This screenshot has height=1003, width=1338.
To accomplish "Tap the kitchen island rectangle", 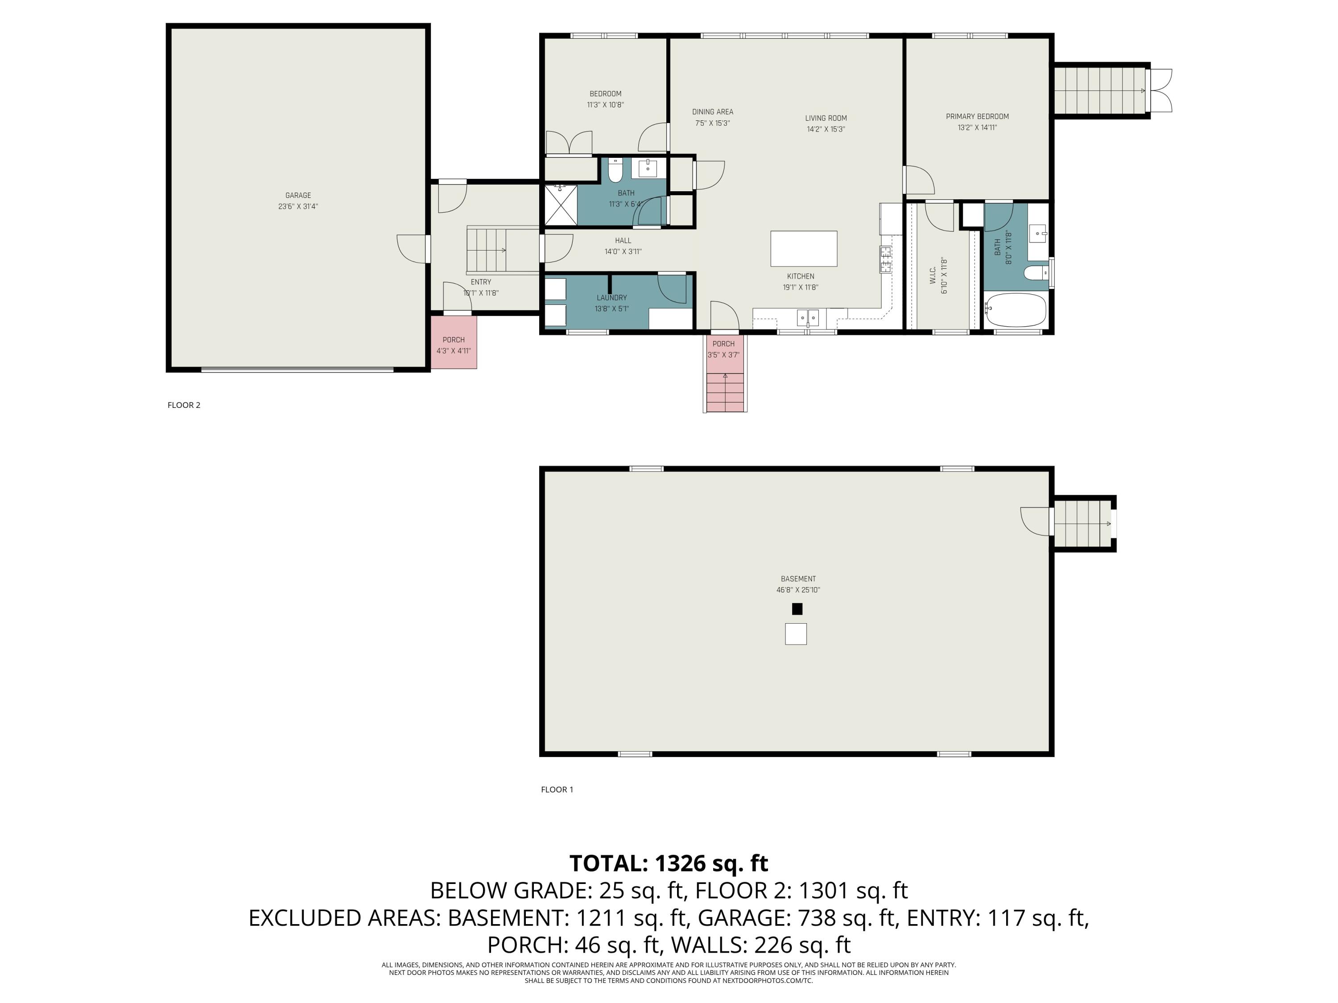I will [x=803, y=248].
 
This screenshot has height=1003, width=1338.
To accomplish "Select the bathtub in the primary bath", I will [x=1015, y=310].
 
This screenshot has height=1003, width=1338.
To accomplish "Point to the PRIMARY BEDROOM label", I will [x=977, y=117].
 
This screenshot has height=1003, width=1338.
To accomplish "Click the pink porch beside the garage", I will [x=454, y=342].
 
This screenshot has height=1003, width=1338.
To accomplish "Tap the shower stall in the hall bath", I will [x=561, y=205].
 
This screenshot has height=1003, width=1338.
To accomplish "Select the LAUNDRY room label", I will [x=611, y=297].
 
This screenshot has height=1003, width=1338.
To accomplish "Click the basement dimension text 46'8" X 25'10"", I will [x=798, y=590].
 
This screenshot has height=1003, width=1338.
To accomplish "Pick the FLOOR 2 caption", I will [x=184, y=405].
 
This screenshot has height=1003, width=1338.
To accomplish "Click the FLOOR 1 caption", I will [x=557, y=789].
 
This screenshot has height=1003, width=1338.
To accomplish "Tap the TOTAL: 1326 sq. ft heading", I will [x=669, y=863].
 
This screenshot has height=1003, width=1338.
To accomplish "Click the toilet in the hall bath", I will [x=615, y=172].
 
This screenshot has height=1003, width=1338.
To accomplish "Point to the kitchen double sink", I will [x=808, y=317].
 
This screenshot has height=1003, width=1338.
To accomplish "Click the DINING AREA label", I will [x=713, y=112].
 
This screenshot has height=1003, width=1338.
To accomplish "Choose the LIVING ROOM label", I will [x=826, y=119].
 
